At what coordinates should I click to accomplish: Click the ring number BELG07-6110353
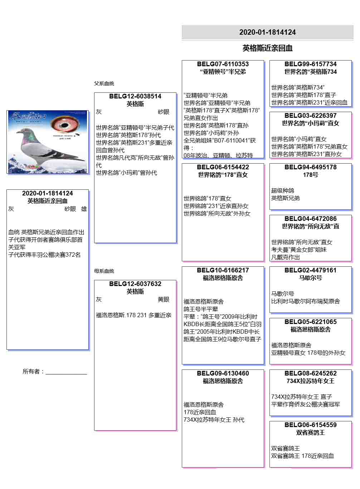click(223, 64)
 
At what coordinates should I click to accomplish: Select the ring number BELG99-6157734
click(310, 64)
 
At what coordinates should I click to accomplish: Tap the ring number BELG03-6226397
click(310, 116)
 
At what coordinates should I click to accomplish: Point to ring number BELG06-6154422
click(223, 167)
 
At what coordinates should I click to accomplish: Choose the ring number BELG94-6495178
click(310, 167)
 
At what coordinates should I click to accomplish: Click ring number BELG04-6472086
click(310, 219)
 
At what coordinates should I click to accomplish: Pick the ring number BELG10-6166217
click(223, 270)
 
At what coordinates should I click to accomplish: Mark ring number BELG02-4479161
click(310, 270)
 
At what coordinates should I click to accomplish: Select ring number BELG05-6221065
click(310, 322)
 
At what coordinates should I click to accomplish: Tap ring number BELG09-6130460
click(223, 373)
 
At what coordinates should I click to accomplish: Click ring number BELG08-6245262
click(310, 373)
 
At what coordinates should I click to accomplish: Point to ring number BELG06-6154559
click(310, 425)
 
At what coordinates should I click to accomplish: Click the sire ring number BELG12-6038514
click(135, 96)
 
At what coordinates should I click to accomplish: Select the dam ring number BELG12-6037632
click(135, 284)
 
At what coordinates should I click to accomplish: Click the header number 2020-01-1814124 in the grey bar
click(267, 32)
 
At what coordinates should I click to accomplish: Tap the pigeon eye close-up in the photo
click(65, 124)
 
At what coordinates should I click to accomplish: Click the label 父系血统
click(104, 83)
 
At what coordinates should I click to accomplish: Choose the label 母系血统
click(104, 271)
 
